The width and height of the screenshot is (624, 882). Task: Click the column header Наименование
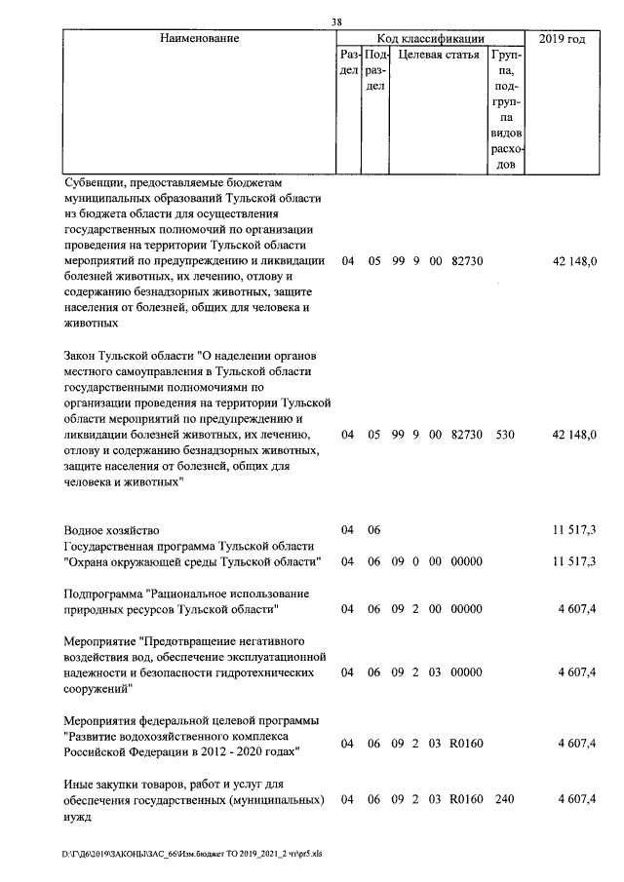199,39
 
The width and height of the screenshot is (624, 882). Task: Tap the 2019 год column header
563,39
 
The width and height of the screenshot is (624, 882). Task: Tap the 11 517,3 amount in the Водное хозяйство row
574,530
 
